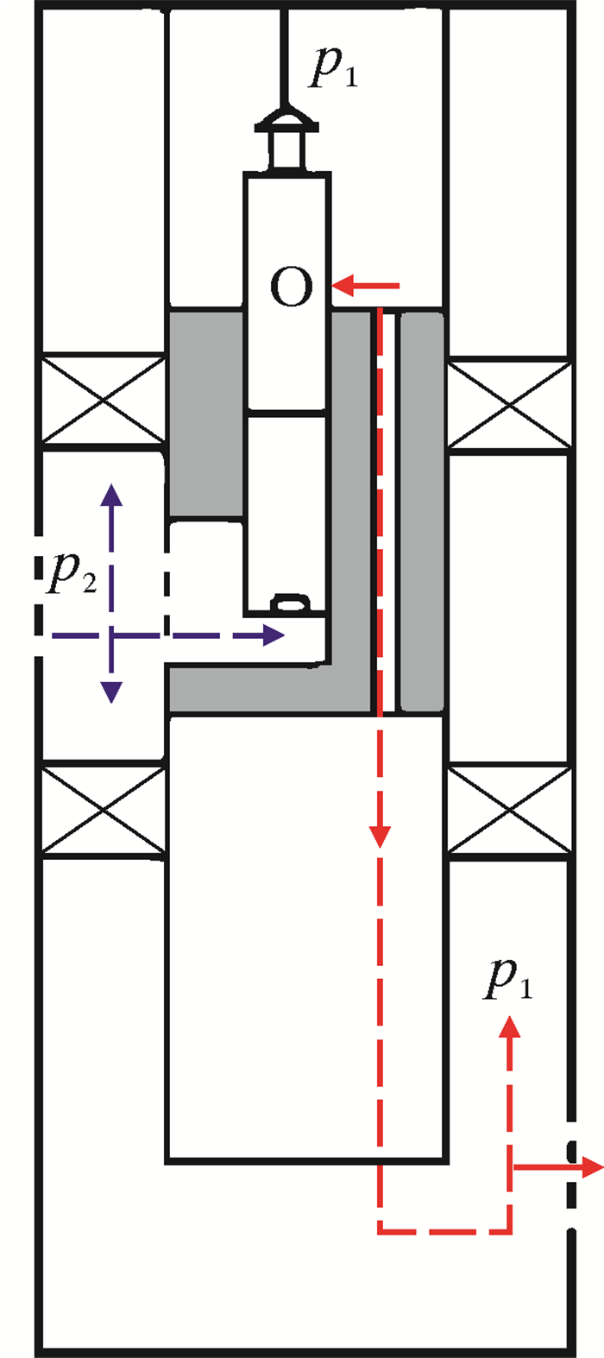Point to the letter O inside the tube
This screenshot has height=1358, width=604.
pyautogui.click(x=291, y=287)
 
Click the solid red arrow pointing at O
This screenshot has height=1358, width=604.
pyautogui.click(x=366, y=284)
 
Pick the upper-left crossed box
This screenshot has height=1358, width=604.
pyautogui.click(x=104, y=401)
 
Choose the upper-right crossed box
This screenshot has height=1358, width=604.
pyautogui.click(x=510, y=405)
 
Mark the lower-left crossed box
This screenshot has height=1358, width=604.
pyautogui.click(x=104, y=810)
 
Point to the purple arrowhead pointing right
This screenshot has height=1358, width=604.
pyautogui.click(x=274, y=636)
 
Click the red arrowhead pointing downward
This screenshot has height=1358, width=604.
pyautogui.click(x=381, y=836)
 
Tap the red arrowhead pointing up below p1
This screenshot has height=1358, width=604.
pyautogui.click(x=510, y=1025)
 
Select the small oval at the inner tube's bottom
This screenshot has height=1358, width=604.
pyautogui.click(x=291, y=603)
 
